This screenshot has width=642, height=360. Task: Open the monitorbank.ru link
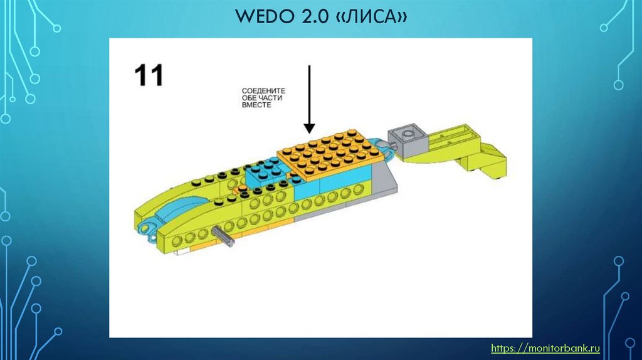point(545,347)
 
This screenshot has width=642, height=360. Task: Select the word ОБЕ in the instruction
point(251,98)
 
